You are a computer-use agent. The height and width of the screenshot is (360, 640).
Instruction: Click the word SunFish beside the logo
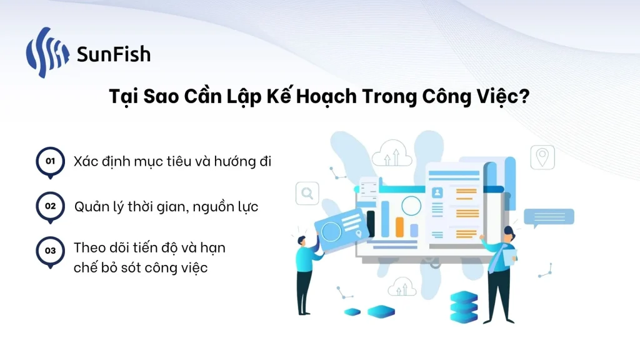[114, 54]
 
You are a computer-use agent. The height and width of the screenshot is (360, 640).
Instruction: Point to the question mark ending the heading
[524, 96]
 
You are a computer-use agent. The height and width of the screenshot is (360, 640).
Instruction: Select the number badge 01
[50, 162]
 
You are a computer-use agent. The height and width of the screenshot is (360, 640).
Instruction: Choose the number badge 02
[50, 207]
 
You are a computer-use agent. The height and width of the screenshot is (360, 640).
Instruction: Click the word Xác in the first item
[86, 161]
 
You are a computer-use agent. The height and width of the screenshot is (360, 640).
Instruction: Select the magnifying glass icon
[307, 193]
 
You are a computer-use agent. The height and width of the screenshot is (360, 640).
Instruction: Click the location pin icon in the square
[542, 157]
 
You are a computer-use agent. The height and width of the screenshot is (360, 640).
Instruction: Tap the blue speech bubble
[549, 217]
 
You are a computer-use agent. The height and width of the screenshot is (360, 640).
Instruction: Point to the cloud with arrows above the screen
[392, 153]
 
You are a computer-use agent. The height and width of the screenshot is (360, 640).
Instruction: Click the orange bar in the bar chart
[399, 227]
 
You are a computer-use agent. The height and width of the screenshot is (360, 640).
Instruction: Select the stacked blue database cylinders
[464, 307]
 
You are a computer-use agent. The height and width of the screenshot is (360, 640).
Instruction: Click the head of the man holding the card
[302, 241]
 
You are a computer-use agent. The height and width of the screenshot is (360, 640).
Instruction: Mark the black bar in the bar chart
[371, 224]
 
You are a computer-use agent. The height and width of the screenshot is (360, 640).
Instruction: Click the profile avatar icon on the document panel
[437, 192]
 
